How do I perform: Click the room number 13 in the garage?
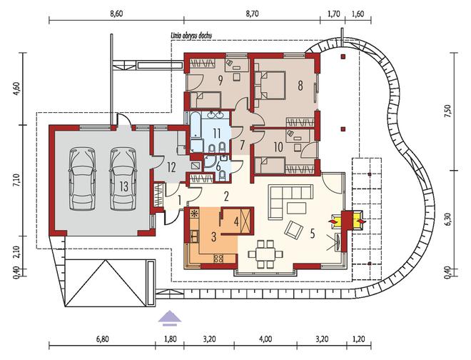pos(123,186)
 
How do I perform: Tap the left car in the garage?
pos(82,179)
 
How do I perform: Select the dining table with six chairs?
pos(265,254)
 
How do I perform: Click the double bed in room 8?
pos(270,86)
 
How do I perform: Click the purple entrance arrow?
pos(170,318)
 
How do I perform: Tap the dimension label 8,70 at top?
pos(252,14)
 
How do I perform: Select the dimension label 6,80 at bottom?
pos(102,339)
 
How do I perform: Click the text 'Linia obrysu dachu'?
pos(191,36)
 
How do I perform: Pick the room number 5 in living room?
pos(313,234)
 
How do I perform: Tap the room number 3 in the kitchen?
pos(213,237)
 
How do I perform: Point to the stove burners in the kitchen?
pos(218,258)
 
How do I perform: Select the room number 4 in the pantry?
pos(236,222)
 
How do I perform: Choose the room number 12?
pos(171,167)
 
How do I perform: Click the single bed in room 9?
pos(206,100)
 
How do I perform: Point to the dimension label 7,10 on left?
pos(17,181)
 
